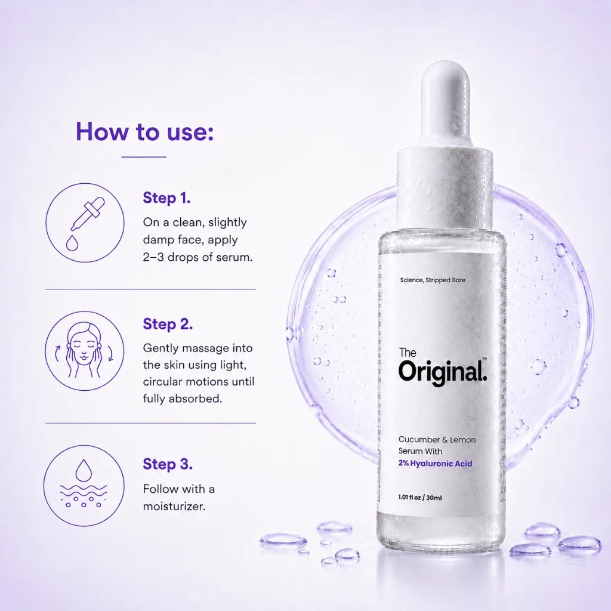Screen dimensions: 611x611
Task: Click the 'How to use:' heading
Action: tap(144, 132)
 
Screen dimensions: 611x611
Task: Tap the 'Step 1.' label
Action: tap(167, 198)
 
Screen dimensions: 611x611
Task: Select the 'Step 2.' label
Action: tap(168, 324)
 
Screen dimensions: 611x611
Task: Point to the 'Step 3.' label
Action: tap(168, 464)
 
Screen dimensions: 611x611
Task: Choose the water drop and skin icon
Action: tap(84, 486)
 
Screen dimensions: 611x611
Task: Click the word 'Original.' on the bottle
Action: tap(443, 372)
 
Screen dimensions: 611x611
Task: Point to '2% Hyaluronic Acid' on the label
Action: tap(435, 463)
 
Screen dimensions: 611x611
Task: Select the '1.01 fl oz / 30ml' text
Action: tap(420, 498)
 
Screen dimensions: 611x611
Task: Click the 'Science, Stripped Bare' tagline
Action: tap(433, 280)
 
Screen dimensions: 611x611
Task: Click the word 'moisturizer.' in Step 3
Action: tap(174, 506)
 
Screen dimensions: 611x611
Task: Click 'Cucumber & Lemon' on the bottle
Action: tap(437, 440)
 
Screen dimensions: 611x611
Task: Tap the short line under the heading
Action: tap(144, 157)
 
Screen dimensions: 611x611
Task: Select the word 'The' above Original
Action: tap(408, 353)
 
